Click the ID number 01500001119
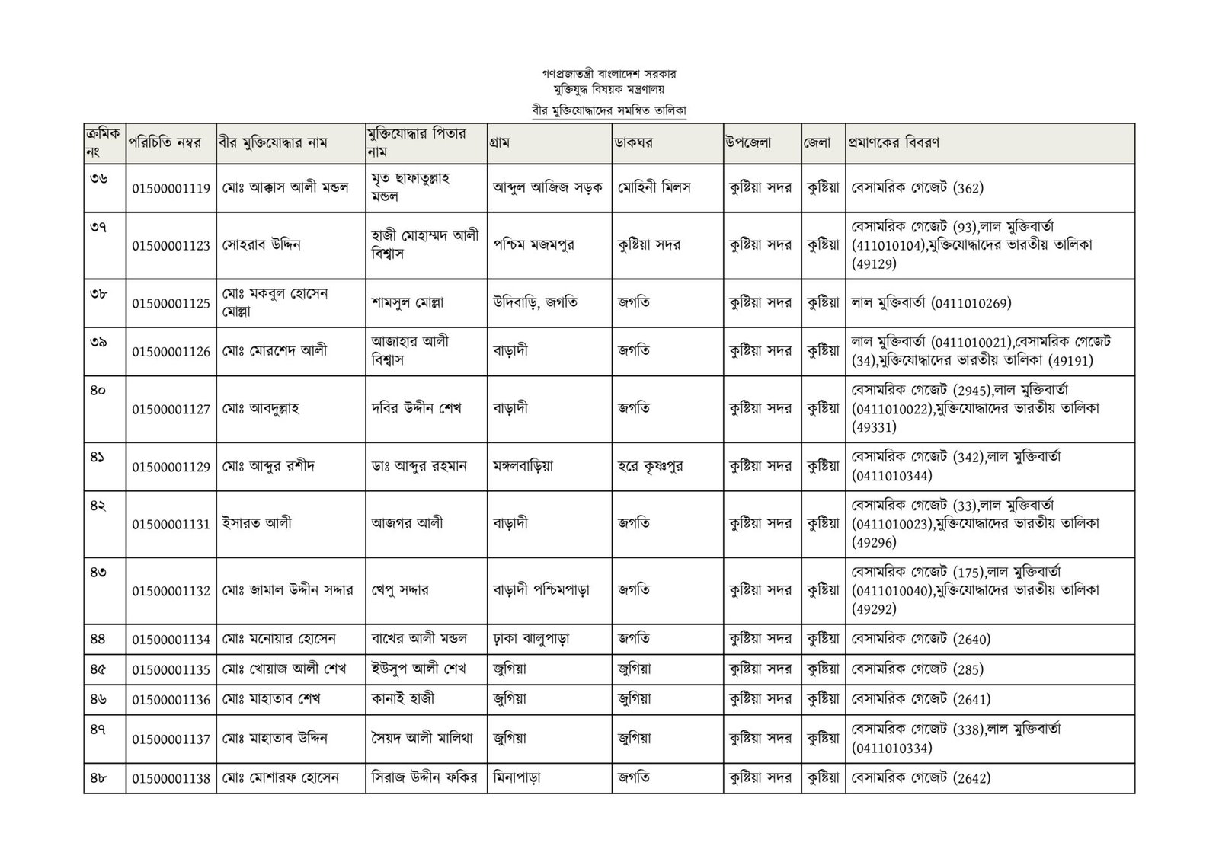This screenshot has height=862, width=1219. (x=171, y=188)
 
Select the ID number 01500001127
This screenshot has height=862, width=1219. (x=171, y=409)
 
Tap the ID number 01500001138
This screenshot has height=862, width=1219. (x=171, y=778)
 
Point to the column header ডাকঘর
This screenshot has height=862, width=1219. (x=635, y=142)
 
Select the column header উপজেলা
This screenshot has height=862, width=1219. (x=749, y=142)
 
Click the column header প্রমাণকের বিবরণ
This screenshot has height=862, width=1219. (x=894, y=142)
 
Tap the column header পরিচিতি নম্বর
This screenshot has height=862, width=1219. (x=165, y=142)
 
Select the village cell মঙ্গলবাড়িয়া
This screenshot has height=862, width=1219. (x=523, y=465)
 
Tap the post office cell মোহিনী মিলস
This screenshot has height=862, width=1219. (x=654, y=187)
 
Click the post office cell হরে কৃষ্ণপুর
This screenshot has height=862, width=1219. (x=650, y=465)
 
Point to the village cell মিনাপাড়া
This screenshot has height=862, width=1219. (x=517, y=778)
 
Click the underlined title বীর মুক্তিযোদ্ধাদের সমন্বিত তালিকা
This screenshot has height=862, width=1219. (x=609, y=110)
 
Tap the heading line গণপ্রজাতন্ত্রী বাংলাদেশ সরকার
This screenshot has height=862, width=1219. (x=609, y=75)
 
